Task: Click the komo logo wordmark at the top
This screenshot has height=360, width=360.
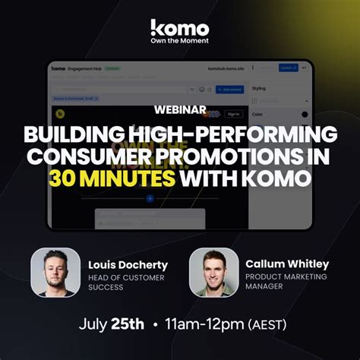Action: tap(179, 27)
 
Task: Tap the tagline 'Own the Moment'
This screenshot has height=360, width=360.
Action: tap(179, 42)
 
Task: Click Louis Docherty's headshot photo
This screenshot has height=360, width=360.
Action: tap(55, 271)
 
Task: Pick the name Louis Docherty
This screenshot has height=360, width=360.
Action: tap(128, 265)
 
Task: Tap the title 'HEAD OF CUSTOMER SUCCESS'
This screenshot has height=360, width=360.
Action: tap(127, 283)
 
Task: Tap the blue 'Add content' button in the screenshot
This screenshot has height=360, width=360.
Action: tap(232, 89)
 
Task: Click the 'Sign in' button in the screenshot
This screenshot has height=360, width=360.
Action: tap(233, 114)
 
